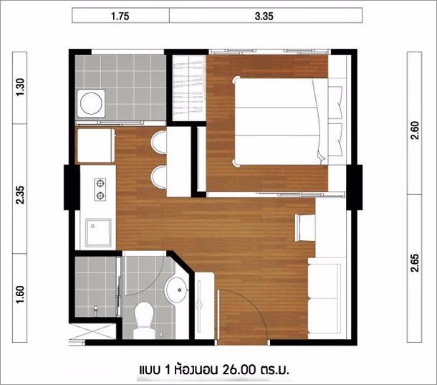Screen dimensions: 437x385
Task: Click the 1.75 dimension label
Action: (x=120, y=16)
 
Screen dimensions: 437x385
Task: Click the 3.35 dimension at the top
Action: (x=264, y=16)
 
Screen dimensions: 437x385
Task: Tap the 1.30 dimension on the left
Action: (x=20, y=87)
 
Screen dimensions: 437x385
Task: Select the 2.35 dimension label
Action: (x=20, y=195)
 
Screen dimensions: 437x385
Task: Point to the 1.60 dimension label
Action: (x=20, y=295)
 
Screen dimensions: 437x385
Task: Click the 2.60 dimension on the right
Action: (x=415, y=130)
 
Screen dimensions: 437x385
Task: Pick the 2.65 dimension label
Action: (x=415, y=262)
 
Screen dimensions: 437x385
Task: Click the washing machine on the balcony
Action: (x=91, y=103)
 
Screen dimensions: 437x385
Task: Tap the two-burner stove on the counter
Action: (x=100, y=190)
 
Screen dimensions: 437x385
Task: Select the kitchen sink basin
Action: (x=98, y=233)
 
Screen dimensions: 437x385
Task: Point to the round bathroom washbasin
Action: (x=177, y=290)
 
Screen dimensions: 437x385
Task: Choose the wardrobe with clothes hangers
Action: (x=188, y=88)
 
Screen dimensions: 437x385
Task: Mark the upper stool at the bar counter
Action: (x=158, y=142)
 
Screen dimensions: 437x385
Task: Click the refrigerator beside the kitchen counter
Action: (x=95, y=146)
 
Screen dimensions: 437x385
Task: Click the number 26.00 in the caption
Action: (x=239, y=370)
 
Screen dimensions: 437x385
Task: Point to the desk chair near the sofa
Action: (x=304, y=228)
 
